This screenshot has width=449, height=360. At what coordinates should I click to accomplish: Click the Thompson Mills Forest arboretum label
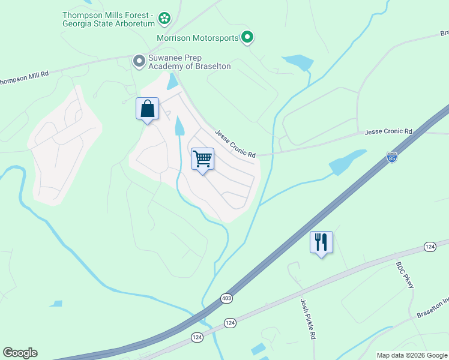[x=108, y=19]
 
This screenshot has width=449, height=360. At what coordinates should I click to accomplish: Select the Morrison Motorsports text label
[x=198, y=38]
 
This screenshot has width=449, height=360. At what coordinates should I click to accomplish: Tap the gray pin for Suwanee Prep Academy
[x=139, y=61]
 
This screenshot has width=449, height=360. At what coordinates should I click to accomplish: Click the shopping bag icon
[x=148, y=109]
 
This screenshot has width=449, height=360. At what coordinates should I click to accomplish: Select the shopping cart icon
[x=203, y=160]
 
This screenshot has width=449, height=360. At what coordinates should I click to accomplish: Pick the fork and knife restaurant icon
[x=321, y=242]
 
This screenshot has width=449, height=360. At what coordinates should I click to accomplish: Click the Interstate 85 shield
[x=392, y=157]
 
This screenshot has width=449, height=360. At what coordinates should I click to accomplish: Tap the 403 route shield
[x=226, y=298]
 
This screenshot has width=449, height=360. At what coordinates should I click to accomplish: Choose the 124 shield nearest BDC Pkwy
[x=429, y=247]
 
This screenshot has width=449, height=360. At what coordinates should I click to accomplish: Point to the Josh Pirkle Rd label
[x=304, y=315]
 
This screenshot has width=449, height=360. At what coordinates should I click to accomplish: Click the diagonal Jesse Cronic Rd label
[x=235, y=145]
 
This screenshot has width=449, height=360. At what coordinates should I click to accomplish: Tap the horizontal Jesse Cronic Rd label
[x=389, y=131]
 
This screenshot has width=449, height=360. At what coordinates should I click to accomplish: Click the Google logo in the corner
[x=20, y=353]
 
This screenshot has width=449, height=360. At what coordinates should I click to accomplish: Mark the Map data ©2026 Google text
[x=412, y=355]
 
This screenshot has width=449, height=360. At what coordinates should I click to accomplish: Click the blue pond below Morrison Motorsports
[x=298, y=62]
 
